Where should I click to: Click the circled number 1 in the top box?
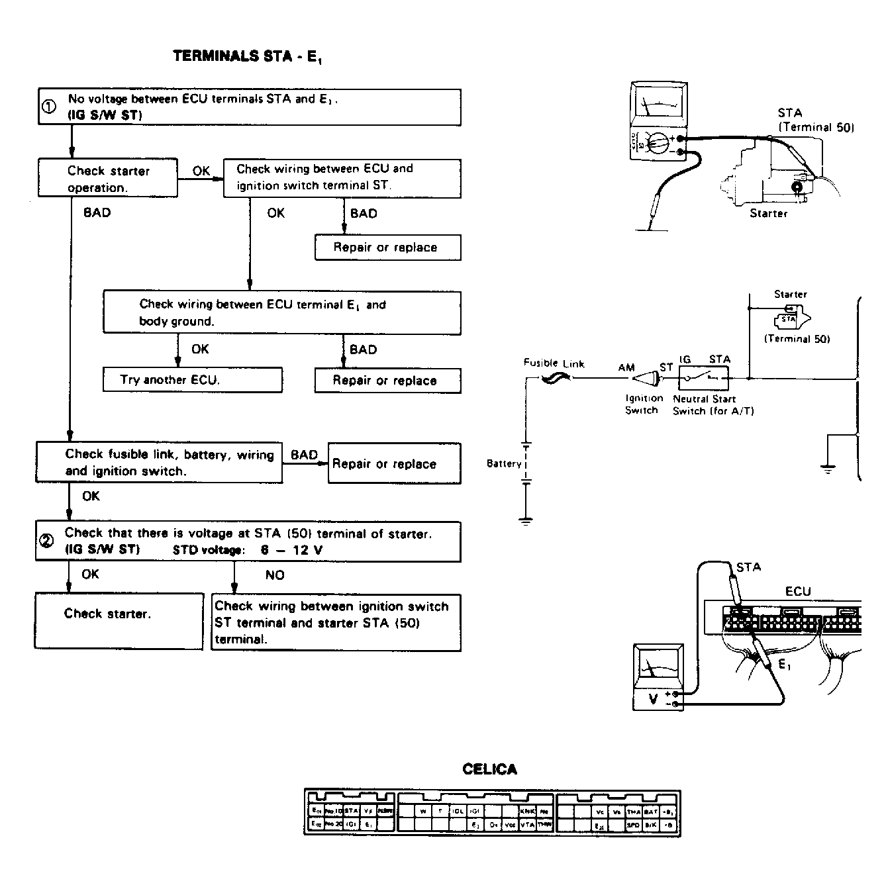[49, 107]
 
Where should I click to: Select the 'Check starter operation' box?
[108, 178]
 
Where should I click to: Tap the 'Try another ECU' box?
[192, 380]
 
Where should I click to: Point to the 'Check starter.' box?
[119, 620]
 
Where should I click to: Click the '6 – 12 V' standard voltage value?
[291, 550]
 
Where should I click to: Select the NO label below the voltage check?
[275, 575]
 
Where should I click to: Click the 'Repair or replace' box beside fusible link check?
[394, 464]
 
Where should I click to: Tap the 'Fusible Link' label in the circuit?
[554, 363]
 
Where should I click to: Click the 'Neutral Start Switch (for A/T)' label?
[713, 404]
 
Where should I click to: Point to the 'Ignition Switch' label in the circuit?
[644, 404]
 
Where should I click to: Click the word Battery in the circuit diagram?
[504, 463]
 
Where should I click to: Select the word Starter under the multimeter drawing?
[768, 213]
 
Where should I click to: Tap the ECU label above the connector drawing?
[797, 591]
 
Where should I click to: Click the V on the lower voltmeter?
[653, 698]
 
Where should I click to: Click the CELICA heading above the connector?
[489, 769]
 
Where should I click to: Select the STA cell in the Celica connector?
[351, 810]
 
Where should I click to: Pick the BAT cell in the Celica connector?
[650, 811]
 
